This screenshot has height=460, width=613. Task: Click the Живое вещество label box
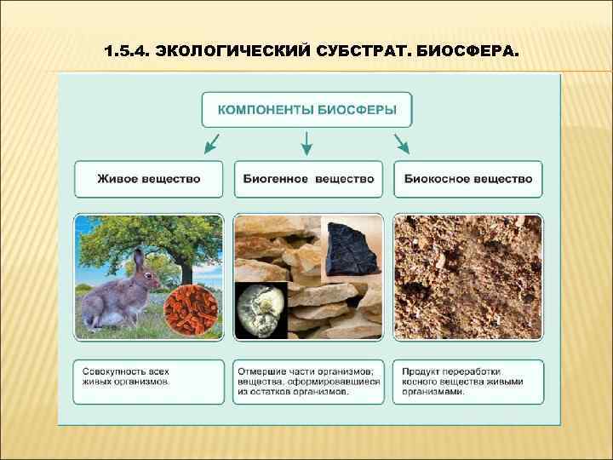pos(148,179)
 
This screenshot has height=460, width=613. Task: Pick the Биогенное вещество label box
pos(307,179)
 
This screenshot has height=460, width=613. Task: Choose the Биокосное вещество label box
pos(467,179)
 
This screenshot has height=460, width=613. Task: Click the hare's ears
pos(139,260)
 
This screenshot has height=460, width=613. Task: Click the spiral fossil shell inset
pos(261,309)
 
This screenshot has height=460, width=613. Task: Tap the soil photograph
pos(467,277)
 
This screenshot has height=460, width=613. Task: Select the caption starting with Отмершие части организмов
pos(307,382)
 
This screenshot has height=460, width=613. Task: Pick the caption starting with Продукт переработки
pos(467,382)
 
